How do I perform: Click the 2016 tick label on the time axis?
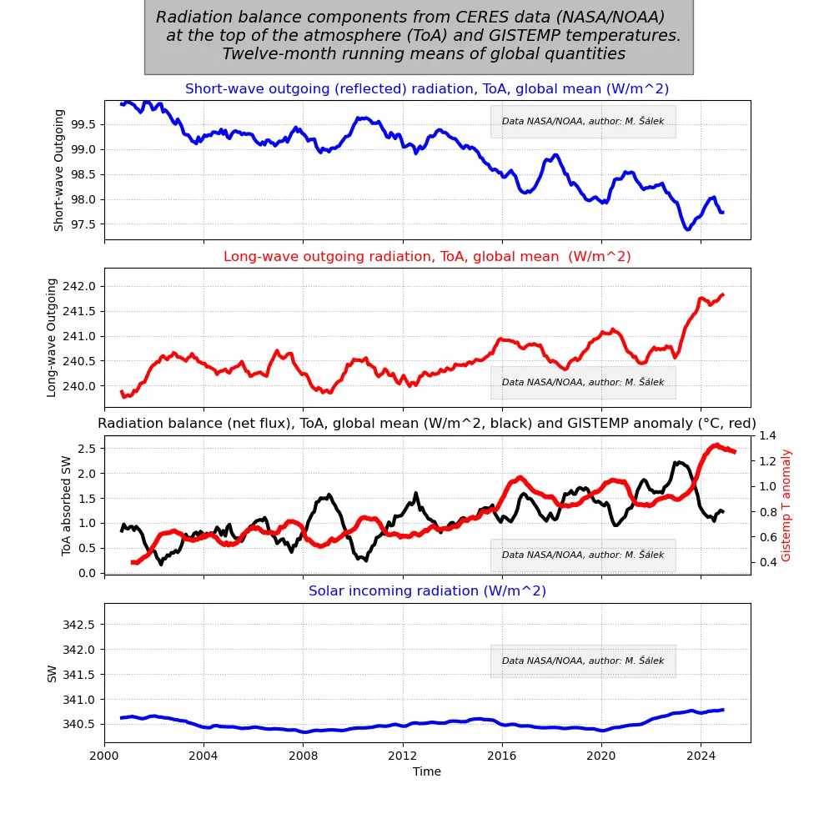click(501, 756)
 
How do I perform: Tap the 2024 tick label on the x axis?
click(701, 756)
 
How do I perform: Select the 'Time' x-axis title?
click(427, 771)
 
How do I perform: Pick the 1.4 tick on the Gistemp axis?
click(767, 436)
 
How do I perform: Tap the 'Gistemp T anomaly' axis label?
click(786, 505)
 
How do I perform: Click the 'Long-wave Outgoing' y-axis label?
click(52, 337)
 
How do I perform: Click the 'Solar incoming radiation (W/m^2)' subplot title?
click(427, 590)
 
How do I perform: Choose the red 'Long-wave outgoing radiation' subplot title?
click(427, 256)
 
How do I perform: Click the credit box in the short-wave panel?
click(583, 121)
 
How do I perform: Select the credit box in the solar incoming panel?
click(583, 661)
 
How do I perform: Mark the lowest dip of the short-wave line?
click(687, 229)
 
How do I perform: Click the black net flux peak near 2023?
click(680, 462)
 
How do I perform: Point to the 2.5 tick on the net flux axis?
click(87, 448)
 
